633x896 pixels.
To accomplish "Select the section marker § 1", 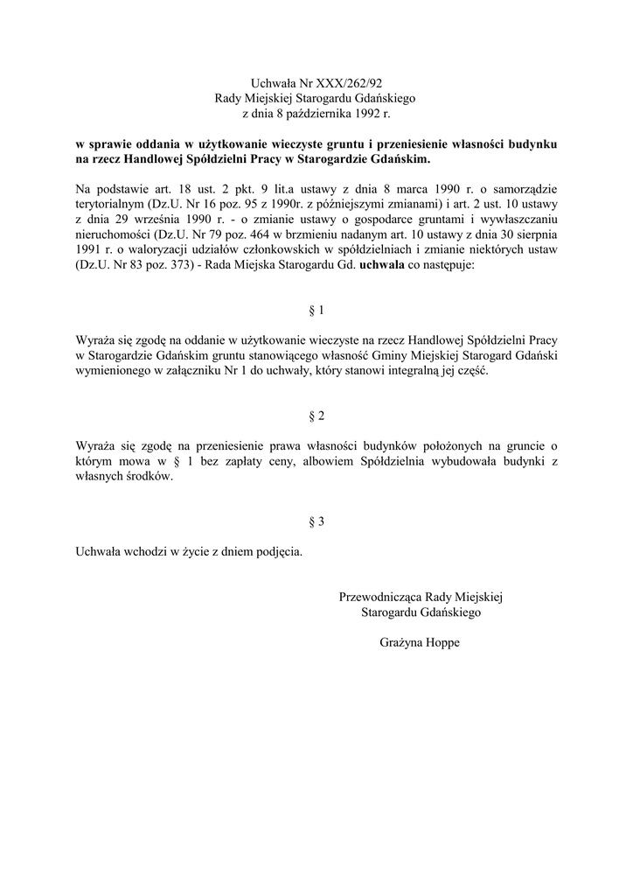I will [x=316, y=311].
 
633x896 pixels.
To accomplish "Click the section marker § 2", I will [x=316, y=416].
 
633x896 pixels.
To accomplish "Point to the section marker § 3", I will [x=316, y=521].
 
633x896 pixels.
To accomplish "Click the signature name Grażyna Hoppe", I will [x=420, y=642].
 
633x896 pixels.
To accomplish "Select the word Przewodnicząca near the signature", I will [x=380, y=597].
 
